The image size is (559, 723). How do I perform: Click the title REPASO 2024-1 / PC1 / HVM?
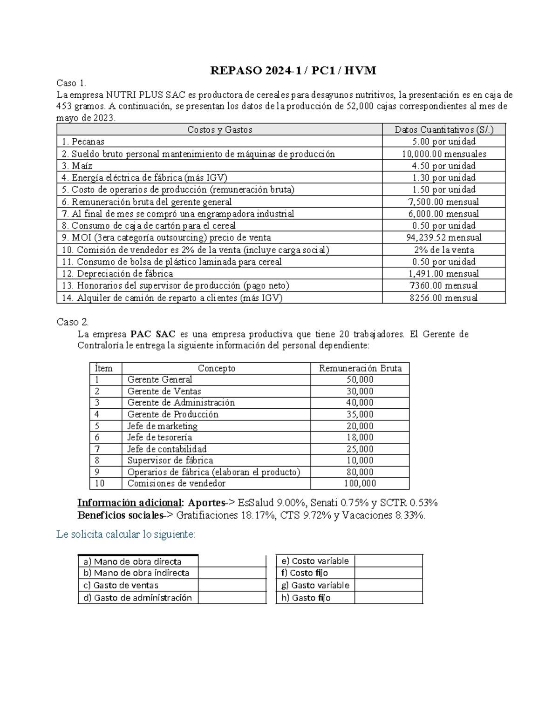[293, 71]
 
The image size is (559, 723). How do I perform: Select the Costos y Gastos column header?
[219, 130]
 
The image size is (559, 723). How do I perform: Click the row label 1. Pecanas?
[83, 142]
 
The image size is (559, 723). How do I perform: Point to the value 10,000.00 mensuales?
[444, 154]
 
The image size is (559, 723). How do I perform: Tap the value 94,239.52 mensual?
[444, 237]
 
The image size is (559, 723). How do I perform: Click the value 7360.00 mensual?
[444, 285]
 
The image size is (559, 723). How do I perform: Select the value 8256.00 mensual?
[444, 298]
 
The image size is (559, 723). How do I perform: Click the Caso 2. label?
[72, 322]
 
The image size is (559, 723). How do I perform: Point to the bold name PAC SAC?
[153, 334]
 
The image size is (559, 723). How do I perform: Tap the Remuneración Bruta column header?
[360, 368]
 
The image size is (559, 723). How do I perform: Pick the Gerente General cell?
[160, 379]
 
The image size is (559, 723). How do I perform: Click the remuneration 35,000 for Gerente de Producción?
[360, 414]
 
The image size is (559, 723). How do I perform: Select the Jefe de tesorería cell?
[160, 437]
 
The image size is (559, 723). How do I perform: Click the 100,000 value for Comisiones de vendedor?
[360, 483]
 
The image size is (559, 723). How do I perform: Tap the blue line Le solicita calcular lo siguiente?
[126, 534]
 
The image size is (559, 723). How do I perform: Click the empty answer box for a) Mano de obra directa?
[232, 561]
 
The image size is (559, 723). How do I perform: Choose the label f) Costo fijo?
[305, 573]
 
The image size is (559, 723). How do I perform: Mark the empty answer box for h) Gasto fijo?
[389, 598]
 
